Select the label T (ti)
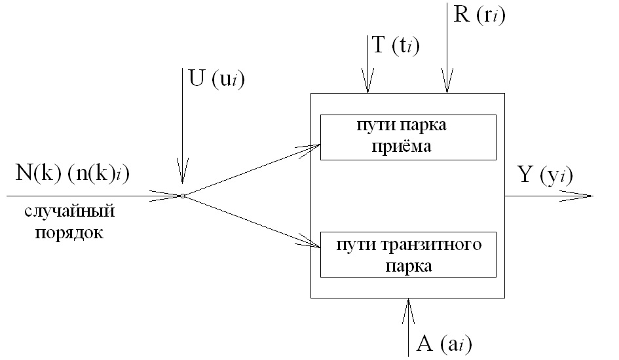(x=395, y=45)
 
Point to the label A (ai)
(x=442, y=344)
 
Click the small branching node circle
(x=183, y=196)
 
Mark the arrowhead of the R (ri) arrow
(x=446, y=84)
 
